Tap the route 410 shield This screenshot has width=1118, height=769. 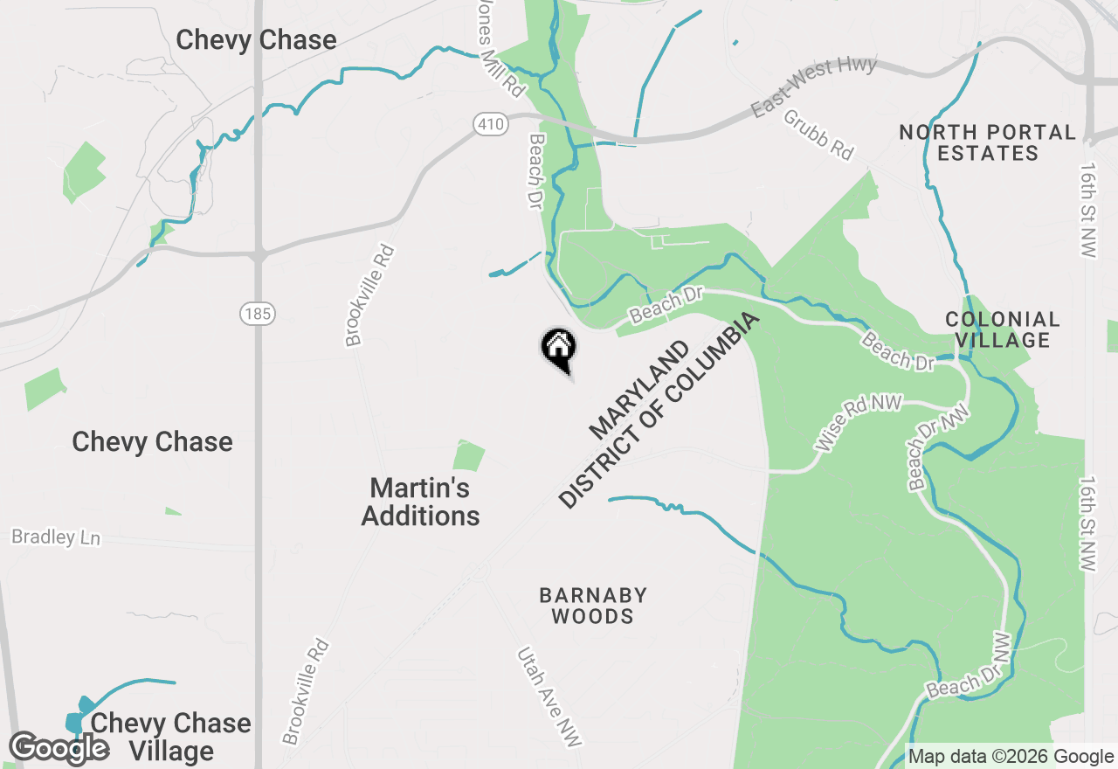(x=491, y=125)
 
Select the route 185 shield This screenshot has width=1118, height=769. (x=259, y=312)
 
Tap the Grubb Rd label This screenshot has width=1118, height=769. (x=818, y=134)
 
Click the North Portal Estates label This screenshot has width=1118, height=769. (x=987, y=142)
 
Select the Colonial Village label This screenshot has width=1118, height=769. (x=1003, y=329)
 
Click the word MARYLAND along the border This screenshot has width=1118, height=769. (x=638, y=390)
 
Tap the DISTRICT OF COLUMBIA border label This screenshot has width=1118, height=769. (x=659, y=410)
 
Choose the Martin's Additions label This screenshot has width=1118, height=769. (x=420, y=502)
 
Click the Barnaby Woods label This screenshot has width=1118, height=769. (x=593, y=606)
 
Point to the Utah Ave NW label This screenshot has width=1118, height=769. (x=549, y=696)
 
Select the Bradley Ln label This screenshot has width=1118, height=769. (x=56, y=537)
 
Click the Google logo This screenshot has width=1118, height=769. (x=59, y=748)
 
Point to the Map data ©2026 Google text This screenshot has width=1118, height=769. (x=1010, y=757)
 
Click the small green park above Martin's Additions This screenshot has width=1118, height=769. (x=469, y=455)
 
